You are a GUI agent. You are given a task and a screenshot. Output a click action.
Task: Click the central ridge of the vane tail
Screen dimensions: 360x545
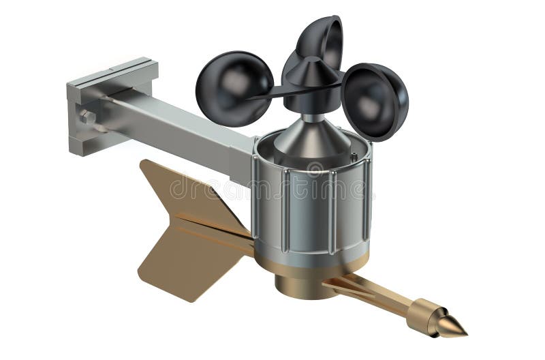pos(204,228)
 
